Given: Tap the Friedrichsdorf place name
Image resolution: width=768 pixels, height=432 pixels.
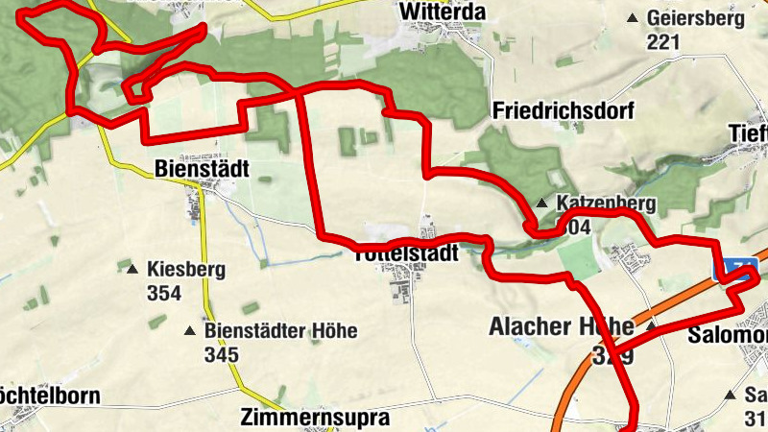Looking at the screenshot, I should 564,110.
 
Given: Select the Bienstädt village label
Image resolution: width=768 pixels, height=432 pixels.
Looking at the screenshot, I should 202,169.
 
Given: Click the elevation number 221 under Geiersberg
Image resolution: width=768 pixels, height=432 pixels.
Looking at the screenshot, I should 663,41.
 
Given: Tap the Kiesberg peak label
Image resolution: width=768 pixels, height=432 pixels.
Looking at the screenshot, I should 186,270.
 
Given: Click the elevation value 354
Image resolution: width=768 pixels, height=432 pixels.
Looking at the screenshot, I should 164,293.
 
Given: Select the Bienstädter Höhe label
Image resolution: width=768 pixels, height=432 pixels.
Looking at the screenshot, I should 280,331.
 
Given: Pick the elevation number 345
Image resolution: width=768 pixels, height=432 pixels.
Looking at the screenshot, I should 221,354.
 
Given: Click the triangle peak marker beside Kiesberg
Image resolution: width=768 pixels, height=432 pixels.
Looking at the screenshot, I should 132,270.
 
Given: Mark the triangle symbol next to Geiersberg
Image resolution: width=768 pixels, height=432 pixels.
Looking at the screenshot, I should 632,18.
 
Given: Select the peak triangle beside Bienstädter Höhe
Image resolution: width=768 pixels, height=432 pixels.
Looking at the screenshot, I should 189,332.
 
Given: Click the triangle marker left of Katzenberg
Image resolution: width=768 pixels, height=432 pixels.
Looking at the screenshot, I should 542,204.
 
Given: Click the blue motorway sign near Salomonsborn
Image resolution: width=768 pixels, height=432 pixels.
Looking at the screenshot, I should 737,270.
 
